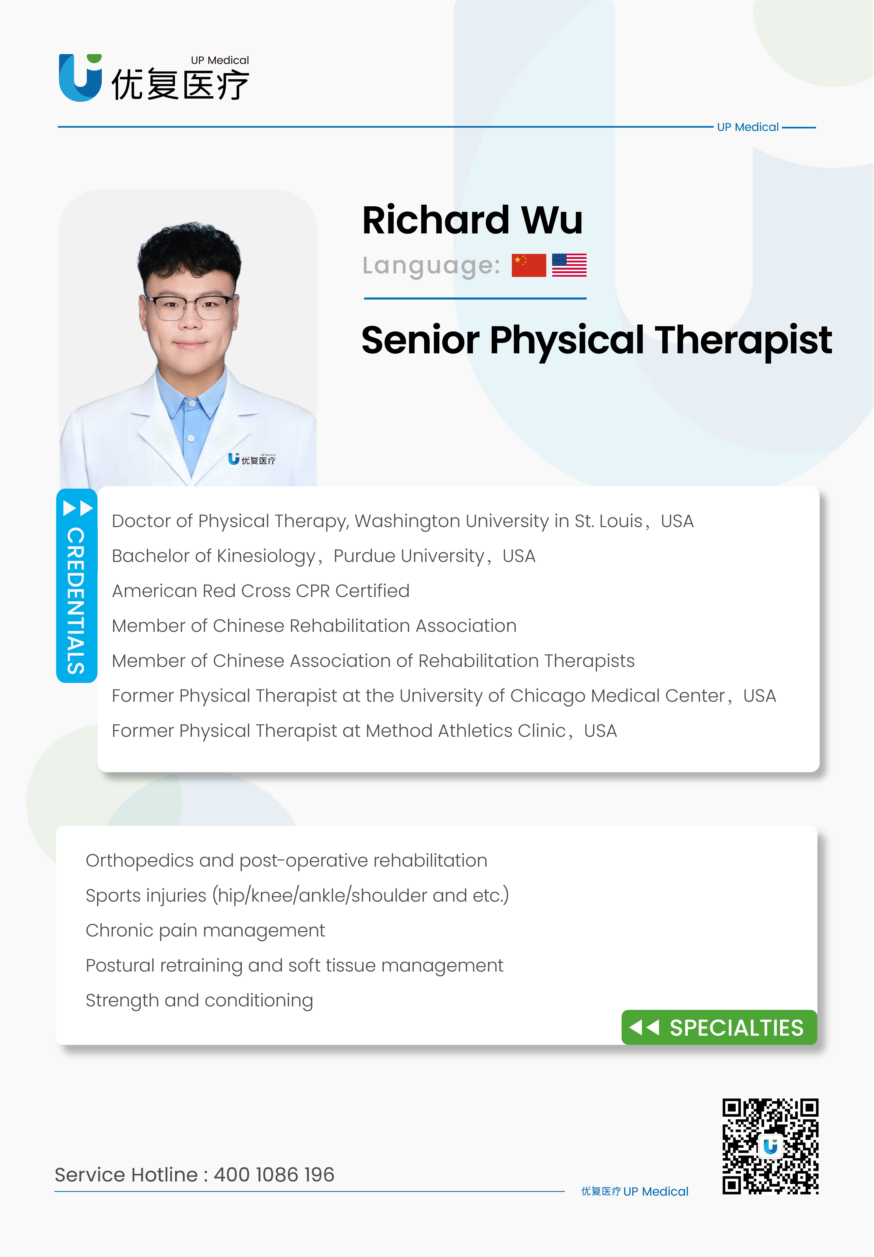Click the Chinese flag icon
pos(529,265)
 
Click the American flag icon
pos(569,265)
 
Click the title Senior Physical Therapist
pos(597,340)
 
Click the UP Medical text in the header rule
pos(748,127)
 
